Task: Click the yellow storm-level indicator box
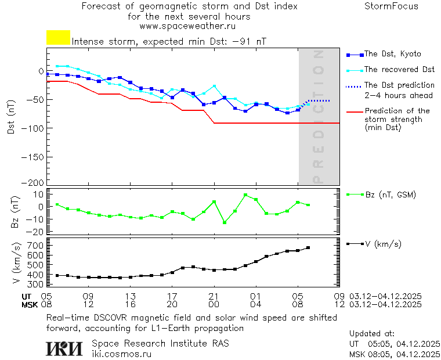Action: (x=58, y=37)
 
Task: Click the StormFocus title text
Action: (x=391, y=6)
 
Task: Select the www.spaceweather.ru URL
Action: (x=187, y=26)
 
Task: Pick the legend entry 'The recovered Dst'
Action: (x=399, y=70)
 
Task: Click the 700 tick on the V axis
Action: (x=36, y=246)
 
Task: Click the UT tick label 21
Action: (x=214, y=295)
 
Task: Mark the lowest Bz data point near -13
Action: (x=225, y=222)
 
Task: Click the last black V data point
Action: (x=308, y=248)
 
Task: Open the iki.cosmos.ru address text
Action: (x=121, y=354)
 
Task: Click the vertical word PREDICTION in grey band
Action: (x=317, y=116)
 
